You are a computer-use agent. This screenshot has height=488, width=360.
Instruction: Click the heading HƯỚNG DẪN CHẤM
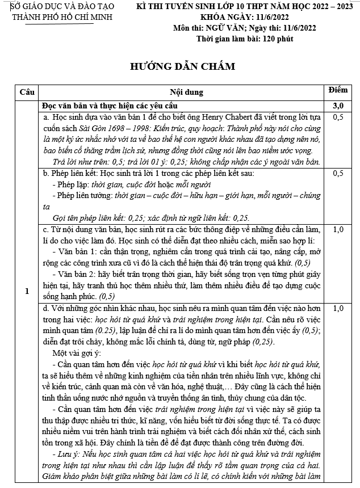182,66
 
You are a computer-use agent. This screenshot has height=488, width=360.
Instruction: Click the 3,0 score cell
338,106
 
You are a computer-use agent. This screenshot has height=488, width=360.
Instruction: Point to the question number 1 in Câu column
27,292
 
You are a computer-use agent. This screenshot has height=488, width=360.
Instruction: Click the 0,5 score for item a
338,117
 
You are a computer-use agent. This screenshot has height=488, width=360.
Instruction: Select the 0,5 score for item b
338,173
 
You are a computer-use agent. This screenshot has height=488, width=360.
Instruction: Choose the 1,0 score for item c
338,230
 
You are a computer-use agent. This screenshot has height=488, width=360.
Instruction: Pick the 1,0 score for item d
338,309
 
